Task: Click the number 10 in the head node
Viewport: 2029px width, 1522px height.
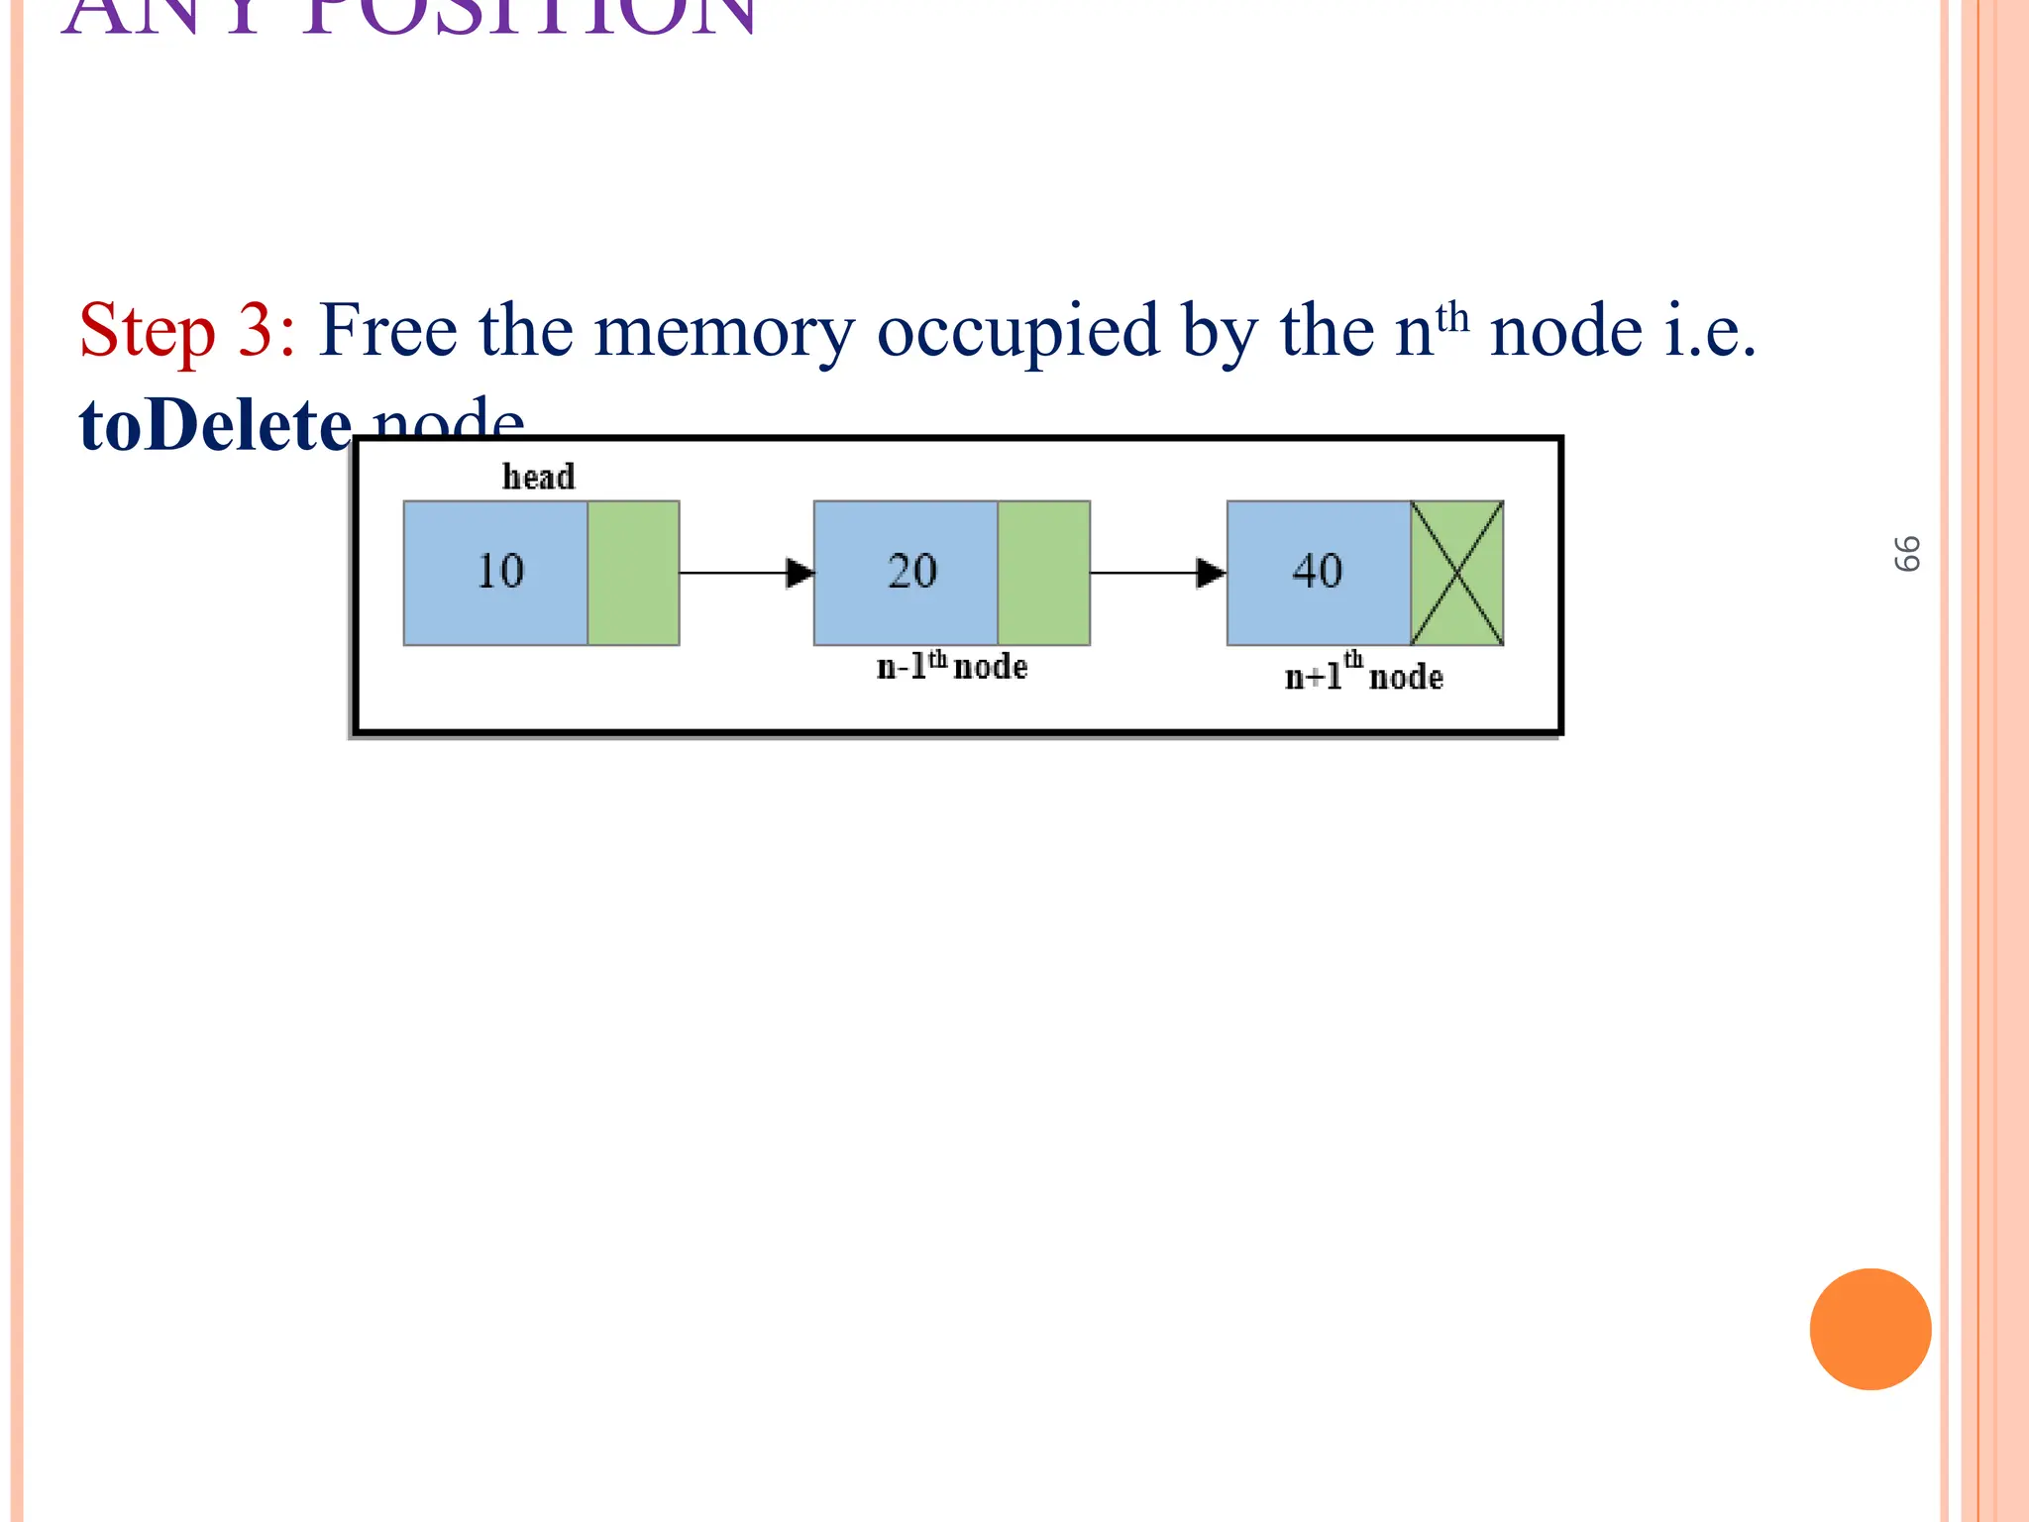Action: (x=500, y=572)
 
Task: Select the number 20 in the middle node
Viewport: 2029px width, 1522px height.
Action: (x=911, y=572)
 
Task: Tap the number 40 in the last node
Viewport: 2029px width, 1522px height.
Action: (x=1318, y=572)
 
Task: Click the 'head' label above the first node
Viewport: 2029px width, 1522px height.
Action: (x=538, y=477)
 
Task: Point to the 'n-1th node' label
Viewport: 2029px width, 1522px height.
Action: (x=952, y=666)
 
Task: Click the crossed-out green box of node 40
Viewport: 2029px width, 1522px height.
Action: (x=1457, y=574)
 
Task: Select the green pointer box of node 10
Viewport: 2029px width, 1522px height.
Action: (x=633, y=574)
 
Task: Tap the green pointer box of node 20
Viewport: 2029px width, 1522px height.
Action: (x=1044, y=574)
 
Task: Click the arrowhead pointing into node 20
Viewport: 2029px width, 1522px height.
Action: (x=800, y=573)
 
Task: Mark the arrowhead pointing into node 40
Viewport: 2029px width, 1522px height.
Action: (x=1211, y=573)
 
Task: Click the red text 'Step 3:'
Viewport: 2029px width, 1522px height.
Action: (x=187, y=330)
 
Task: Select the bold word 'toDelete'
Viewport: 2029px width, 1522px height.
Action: (x=215, y=425)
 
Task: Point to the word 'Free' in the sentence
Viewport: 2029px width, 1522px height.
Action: (x=388, y=330)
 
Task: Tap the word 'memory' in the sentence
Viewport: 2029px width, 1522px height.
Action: (x=723, y=332)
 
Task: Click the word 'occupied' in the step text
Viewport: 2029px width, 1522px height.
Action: (x=1017, y=332)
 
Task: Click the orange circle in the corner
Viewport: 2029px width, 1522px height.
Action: (x=1870, y=1329)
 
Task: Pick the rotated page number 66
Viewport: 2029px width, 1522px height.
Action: (x=1907, y=554)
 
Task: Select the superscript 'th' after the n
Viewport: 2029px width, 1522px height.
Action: (x=1452, y=318)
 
